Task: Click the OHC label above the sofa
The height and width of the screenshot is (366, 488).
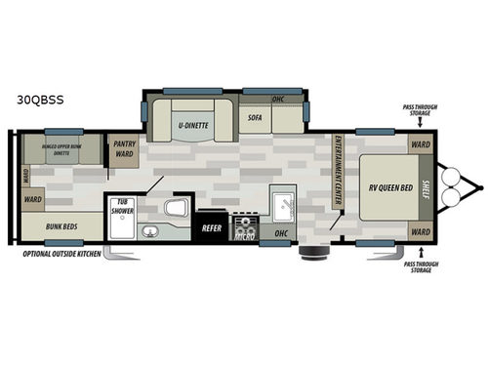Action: [277, 98]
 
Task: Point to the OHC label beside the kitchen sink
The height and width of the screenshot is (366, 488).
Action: [281, 232]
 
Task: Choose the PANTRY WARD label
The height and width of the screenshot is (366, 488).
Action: [124, 148]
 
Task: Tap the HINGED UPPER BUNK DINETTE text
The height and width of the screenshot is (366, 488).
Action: [61, 148]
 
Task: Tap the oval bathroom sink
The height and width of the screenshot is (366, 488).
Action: [150, 231]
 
